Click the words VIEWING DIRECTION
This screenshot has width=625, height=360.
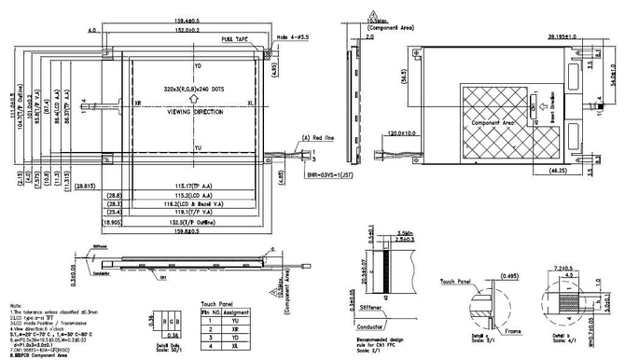[x=195, y=111]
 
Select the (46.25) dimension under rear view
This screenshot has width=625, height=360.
[x=557, y=172]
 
